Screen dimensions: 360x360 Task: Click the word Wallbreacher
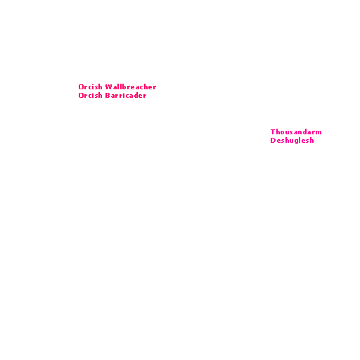pos(131,87)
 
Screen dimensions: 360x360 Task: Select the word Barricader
pos(126,96)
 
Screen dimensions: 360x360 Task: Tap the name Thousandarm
pos(296,132)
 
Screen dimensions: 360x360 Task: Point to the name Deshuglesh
pos(292,141)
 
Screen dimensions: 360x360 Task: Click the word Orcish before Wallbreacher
pos(90,87)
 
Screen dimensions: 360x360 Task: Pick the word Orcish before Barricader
pos(90,96)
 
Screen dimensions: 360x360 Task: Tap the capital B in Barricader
pos(108,96)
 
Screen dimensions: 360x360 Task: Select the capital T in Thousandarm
pos(273,132)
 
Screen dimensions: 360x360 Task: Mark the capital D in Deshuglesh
pos(273,141)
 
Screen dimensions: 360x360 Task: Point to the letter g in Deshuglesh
pos(296,141)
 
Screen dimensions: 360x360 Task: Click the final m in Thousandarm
pos(319,133)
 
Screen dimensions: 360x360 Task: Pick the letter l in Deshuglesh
pos(301,141)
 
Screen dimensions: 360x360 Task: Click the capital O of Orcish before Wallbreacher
pos(81,87)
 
